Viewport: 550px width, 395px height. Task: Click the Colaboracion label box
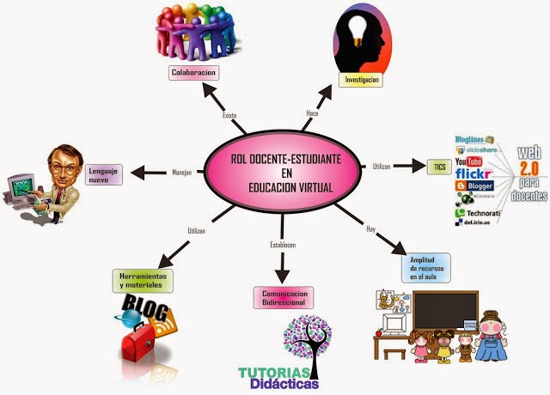192,73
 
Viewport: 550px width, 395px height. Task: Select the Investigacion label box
362,80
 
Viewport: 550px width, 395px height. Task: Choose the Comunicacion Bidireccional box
284,297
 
